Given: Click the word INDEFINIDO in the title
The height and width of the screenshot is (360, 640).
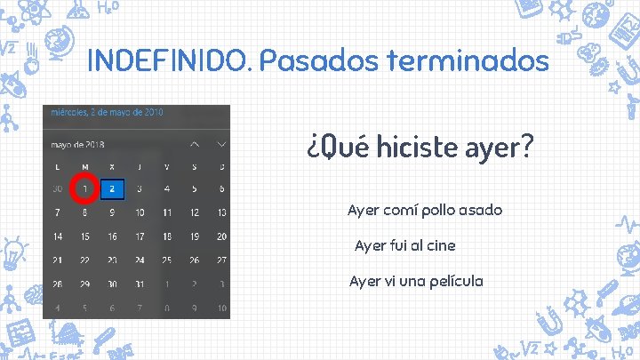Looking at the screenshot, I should point(170,61).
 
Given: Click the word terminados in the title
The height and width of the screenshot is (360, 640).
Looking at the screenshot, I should point(468,61).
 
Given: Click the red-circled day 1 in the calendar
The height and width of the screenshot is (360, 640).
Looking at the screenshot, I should point(84,188).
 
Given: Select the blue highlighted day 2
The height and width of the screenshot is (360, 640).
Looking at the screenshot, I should point(112,188).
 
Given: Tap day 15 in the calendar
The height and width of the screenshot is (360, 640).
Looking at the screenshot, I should point(84,236).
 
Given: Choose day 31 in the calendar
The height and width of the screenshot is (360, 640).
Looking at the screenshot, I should point(140,284).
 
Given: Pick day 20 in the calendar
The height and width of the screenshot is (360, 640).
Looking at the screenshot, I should point(221,236).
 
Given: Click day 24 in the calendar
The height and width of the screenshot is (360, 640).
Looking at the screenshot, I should point(140,260).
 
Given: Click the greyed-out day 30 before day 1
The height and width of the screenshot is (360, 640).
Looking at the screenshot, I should point(58,188).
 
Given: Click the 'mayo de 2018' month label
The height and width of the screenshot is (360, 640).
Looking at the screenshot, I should point(78,143).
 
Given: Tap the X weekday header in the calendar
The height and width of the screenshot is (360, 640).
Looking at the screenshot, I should point(112,166).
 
